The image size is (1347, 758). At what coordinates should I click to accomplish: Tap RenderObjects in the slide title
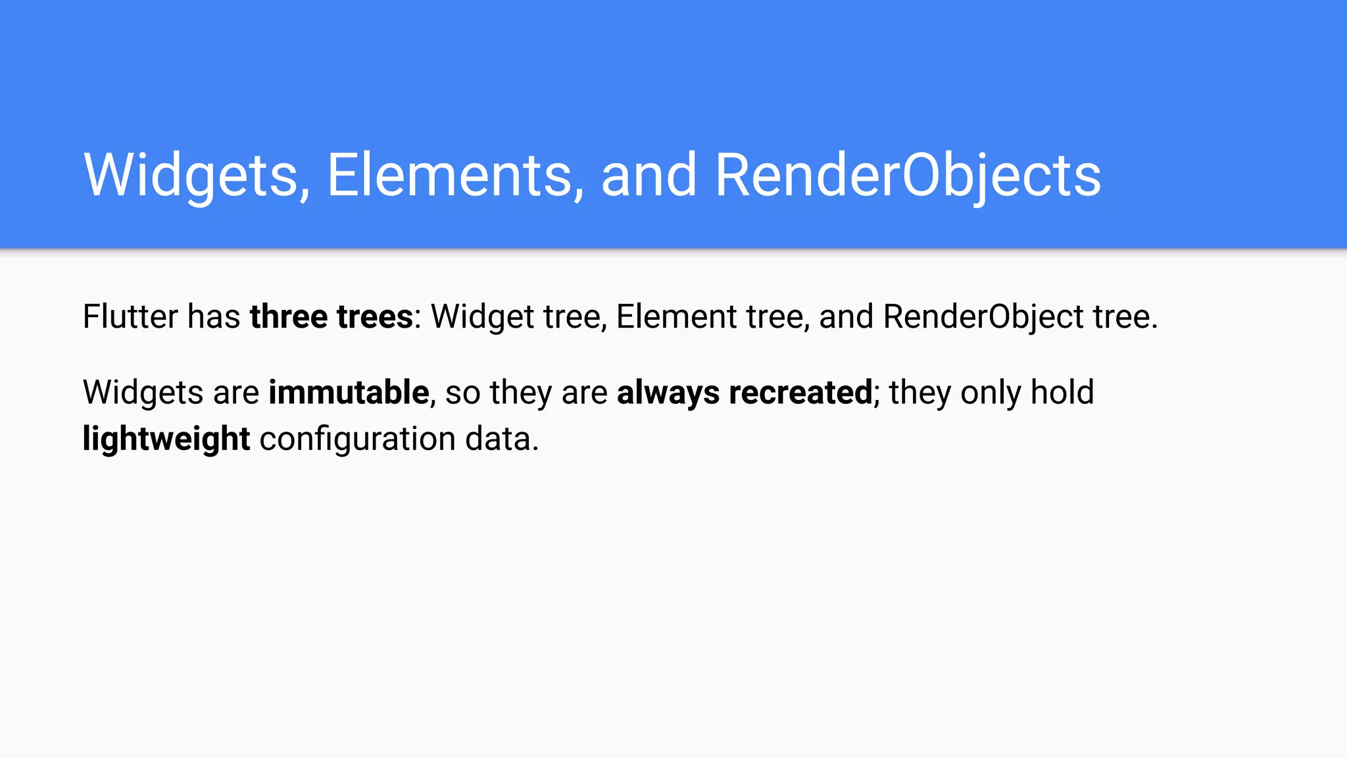click(x=908, y=175)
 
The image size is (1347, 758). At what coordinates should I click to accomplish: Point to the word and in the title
click(x=649, y=175)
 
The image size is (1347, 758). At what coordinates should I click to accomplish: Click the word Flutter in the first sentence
click(x=130, y=316)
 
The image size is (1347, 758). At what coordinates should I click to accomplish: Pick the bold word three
click(x=288, y=316)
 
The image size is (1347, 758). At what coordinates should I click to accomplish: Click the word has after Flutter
click(x=214, y=316)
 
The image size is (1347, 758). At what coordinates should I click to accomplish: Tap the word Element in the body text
click(x=676, y=316)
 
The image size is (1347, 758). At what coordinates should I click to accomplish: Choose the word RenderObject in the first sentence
click(x=983, y=316)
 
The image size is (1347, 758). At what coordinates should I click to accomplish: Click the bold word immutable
click(x=349, y=393)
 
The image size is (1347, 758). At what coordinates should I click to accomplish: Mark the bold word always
click(x=668, y=393)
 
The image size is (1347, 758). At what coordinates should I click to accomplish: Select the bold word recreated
click(x=800, y=393)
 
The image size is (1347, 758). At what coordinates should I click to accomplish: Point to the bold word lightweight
click(x=166, y=439)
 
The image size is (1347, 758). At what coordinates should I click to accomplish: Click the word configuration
click(x=357, y=439)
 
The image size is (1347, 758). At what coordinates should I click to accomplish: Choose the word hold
click(x=1062, y=393)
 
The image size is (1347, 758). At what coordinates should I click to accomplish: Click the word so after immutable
click(x=462, y=393)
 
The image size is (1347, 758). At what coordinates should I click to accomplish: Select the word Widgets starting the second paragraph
click(x=143, y=393)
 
